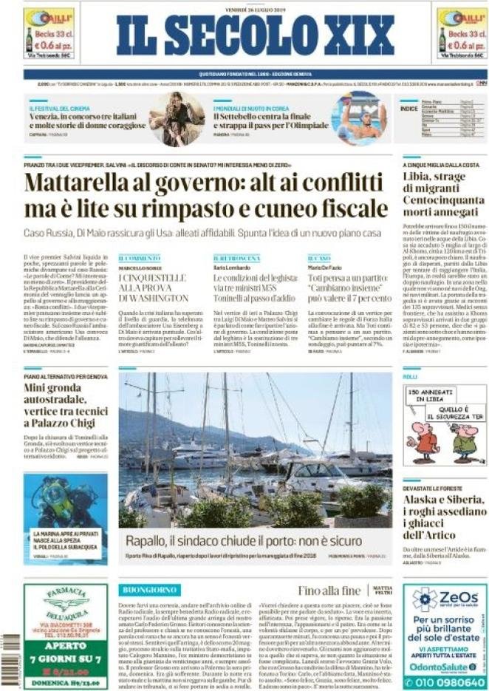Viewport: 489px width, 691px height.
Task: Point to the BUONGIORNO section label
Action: pyautogui.click(x=149, y=590)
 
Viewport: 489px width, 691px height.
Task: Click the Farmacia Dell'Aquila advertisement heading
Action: pyautogui.click(x=65, y=599)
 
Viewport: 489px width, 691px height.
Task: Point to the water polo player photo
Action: pyautogui.click(x=358, y=118)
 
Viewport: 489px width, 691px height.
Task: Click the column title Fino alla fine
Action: pyautogui.click(x=329, y=590)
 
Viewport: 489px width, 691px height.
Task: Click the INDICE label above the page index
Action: pyautogui.click(x=408, y=108)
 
